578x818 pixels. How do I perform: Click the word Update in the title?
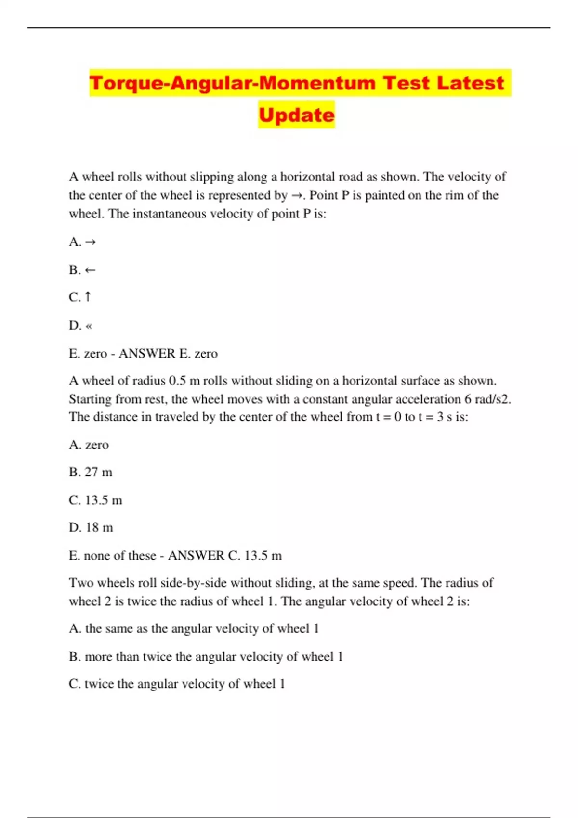click(296, 115)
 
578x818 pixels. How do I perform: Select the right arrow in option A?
click(90, 242)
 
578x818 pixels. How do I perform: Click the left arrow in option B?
click(90, 270)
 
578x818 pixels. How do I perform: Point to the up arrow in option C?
click(88, 297)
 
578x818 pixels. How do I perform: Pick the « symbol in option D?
click(89, 326)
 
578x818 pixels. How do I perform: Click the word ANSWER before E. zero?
click(147, 354)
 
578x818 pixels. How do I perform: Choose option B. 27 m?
click(91, 473)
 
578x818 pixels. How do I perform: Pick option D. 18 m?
click(91, 528)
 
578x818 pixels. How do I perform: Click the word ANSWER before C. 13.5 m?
click(196, 556)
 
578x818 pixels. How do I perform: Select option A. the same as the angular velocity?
click(194, 629)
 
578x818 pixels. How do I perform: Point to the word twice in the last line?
click(100, 684)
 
